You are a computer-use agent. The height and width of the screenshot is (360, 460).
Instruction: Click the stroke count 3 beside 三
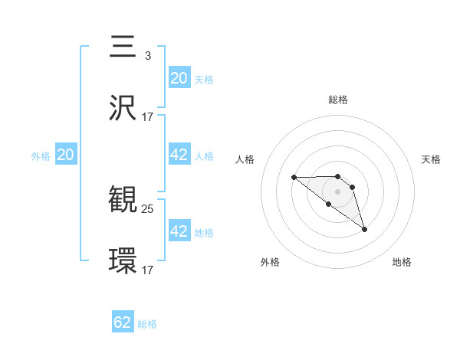coord(147,55)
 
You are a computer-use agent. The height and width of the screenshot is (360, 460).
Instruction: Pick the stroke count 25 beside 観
coord(148,208)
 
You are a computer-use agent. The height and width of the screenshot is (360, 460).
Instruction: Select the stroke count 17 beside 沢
coord(148,116)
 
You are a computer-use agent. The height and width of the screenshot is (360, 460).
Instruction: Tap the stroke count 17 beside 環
coord(148,269)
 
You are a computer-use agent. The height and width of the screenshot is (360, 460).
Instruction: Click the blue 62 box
coord(123,322)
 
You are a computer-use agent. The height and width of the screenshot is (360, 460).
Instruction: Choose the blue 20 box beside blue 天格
coord(179,77)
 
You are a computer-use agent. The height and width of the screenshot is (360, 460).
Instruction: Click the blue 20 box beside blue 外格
coord(66,155)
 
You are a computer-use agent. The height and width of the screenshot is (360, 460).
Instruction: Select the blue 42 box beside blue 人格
coord(179,155)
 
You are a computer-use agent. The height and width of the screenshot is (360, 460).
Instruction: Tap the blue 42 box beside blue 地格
coord(179,231)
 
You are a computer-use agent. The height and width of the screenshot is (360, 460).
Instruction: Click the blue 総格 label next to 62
coord(147,324)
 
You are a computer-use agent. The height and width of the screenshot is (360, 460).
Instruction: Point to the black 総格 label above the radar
coord(338,100)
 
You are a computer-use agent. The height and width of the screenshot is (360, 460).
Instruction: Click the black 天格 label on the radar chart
coord(432,159)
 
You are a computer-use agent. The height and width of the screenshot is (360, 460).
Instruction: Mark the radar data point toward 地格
coord(364,229)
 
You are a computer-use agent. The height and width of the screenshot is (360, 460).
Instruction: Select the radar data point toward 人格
coord(294,178)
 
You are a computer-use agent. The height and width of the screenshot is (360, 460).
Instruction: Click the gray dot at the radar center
coord(338,191)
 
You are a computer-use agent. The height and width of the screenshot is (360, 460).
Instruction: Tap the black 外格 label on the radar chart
coord(270,263)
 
